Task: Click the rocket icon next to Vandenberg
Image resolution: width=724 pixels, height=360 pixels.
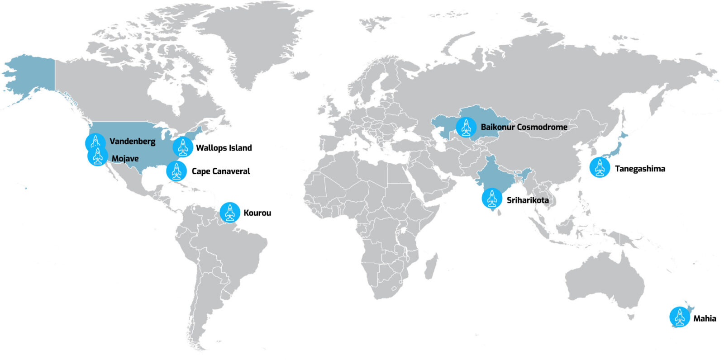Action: (x=95, y=142)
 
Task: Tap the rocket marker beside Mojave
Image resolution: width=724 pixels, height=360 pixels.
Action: (x=97, y=156)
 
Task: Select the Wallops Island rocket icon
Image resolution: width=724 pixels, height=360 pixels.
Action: (x=182, y=147)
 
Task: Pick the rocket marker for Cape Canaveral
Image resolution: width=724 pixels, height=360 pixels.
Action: (x=176, y=171)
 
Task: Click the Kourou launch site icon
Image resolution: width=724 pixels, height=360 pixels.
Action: (x=230, y=212)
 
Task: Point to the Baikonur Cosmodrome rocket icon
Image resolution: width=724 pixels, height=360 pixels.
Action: (x=466, y=127)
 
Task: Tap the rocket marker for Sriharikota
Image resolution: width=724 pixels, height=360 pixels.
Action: (x=492, y=199)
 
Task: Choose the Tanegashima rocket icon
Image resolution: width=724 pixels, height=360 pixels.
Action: (x=600, y=168)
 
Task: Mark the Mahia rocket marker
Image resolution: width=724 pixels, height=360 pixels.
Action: (x=679, y=317)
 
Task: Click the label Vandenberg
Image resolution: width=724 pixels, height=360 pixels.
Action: (x=132, y=142)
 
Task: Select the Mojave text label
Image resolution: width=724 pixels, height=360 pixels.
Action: (x=125, y=159)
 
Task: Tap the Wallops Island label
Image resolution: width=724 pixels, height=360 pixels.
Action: (x=224, y=148)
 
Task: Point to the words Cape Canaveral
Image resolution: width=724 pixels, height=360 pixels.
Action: (x=221, y=171)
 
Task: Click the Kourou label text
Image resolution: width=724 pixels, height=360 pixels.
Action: (x=257, y=213)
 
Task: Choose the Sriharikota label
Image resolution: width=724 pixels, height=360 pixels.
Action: (x=528, y=200)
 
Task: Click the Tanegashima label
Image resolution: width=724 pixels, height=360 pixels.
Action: (x=640, y=169)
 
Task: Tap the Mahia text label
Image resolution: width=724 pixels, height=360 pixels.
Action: (x=705, y=318)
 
